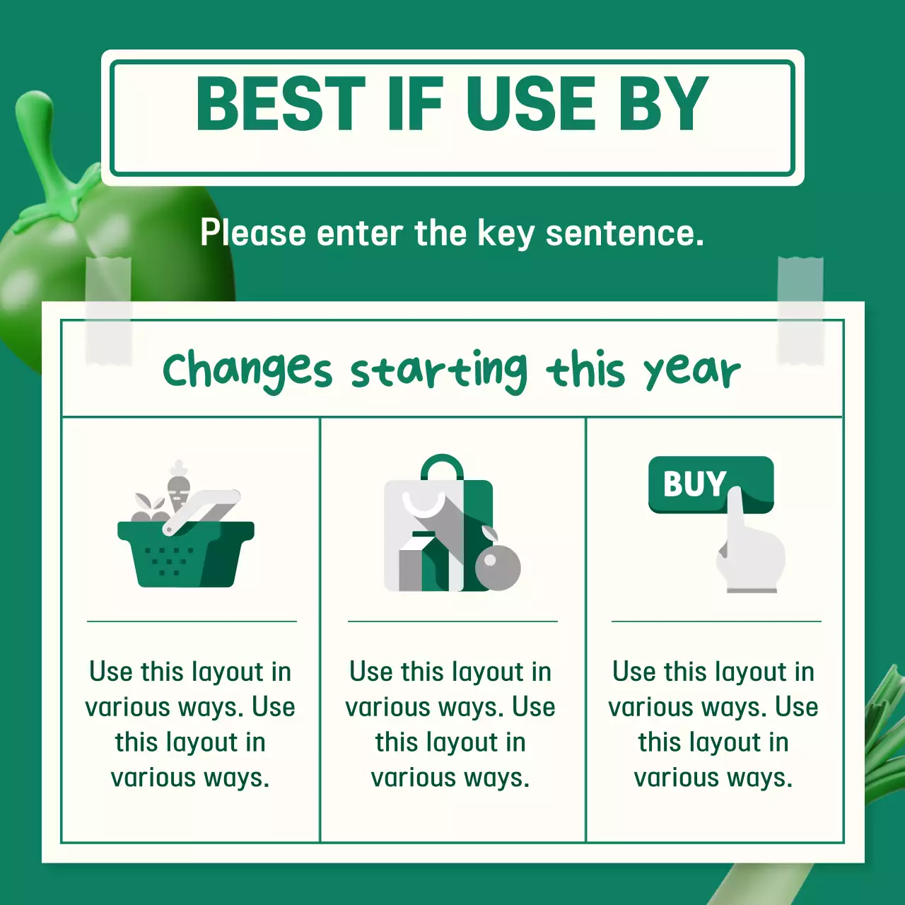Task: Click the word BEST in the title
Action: tap(280, 104)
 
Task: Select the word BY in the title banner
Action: tap(663, 104)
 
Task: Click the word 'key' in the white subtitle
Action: tap(505, 233)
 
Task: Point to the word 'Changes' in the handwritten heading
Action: tap(247, 370)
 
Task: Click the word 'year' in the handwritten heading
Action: tap(691, 370)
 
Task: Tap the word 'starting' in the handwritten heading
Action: tap(438, 370)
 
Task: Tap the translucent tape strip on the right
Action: tap(800, 311)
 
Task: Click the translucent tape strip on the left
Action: tap(108, 311)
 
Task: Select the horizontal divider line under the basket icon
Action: tap(192, 621)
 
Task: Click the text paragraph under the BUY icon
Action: tap(713, 724)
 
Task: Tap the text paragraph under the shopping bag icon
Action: tap(450, 724)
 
